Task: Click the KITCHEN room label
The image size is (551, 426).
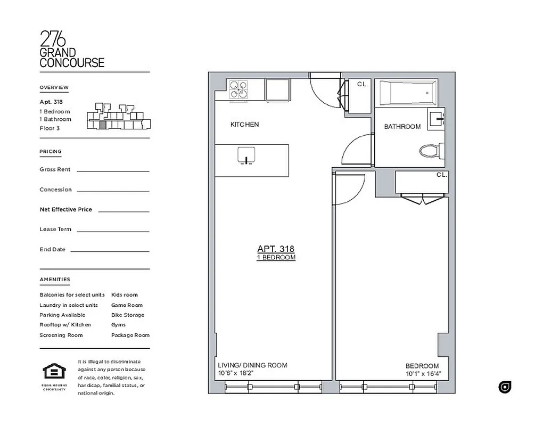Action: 244,125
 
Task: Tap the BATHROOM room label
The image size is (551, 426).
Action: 402,127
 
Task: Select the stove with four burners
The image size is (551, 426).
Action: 238,89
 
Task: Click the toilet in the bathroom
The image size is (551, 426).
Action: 431,151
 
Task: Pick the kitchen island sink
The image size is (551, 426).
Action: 246,156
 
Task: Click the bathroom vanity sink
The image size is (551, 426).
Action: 437,118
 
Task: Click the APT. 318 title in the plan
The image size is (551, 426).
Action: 276,249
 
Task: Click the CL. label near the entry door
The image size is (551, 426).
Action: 363,84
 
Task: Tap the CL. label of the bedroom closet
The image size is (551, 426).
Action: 442,175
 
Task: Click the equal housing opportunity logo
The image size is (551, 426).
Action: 54,371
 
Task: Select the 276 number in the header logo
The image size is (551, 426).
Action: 53,39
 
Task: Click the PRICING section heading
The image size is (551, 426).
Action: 51,152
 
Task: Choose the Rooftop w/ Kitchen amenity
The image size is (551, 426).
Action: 65,325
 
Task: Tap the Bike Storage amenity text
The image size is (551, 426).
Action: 128,315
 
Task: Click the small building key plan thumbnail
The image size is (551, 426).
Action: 118,117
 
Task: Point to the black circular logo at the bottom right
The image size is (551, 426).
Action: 505,387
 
